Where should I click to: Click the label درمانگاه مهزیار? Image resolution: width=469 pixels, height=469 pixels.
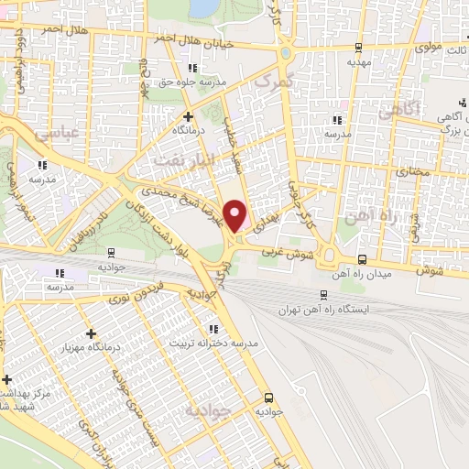click(x=90, y=348)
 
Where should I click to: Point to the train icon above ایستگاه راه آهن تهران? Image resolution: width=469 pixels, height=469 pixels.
click(x=323, y=294)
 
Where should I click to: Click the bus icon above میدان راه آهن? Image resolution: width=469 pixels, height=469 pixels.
click(x=362, y=259)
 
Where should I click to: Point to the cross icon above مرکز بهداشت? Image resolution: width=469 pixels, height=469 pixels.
click(x=7, y=379)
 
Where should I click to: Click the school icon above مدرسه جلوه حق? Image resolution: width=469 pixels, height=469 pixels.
click(x=191, y=69)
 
